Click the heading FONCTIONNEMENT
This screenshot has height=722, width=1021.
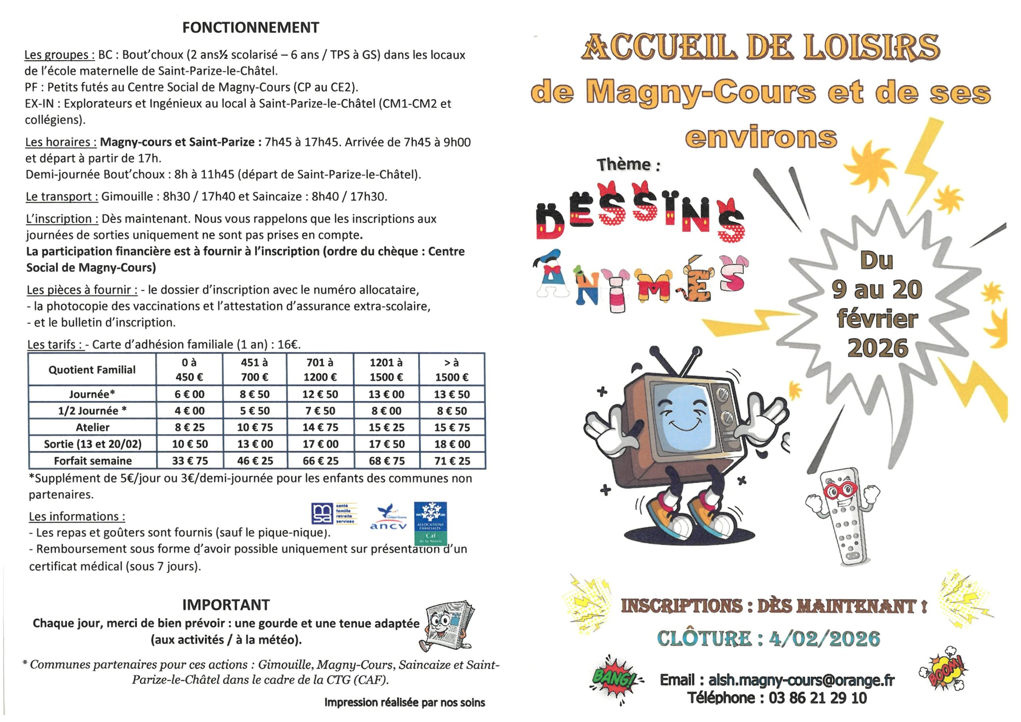point(250,28)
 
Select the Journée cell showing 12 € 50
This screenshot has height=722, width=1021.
point(320,394)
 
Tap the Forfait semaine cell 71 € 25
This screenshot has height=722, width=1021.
point(452,461)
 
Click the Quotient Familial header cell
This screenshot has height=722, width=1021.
point(92,370)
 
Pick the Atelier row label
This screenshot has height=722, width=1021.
point(92,428)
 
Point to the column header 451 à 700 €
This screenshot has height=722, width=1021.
point(254,370)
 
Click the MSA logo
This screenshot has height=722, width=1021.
point(333,514)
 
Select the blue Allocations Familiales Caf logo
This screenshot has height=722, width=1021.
point(430,523)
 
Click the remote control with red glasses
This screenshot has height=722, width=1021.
point(842,516)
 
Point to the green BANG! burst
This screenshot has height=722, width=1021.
point(615,679)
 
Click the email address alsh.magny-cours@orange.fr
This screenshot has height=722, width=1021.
point(801,680)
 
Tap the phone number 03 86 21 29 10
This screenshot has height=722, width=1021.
point(817,698)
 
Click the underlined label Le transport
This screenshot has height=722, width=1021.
point(62,197)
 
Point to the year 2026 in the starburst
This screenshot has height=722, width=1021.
point(877,348)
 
